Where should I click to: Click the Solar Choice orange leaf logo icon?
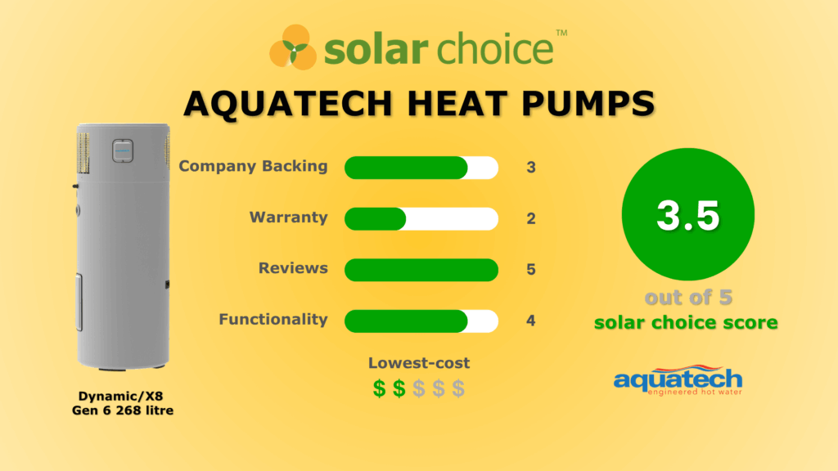[x=293, y=47]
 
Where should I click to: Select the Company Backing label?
[x=254, y=166]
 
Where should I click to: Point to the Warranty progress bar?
[x=421, y=219]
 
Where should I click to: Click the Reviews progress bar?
[x=421, y=270]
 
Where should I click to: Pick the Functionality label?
[x=273, y=320]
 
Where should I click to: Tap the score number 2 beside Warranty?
[x=530, y=218]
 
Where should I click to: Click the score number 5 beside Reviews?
[x=530, y=269]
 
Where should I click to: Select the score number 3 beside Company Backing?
[x=530, y=167]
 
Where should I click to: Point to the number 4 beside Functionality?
[x=530, y=321]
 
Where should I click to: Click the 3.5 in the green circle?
[x=687, y=216]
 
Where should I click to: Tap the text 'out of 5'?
[x=688, y=298]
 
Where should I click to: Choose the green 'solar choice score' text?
[x=687, y=322]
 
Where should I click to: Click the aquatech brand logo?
[x=678, y=380]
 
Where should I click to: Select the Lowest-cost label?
[x=419, y=363]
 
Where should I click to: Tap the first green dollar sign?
[x=379, y=388]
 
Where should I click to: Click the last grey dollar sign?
[x=458, y=388]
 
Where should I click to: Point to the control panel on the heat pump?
[x=123, y=151]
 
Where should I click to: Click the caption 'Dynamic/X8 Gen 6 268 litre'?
[x=123, y=403]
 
